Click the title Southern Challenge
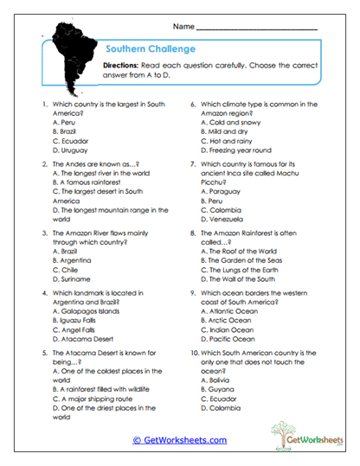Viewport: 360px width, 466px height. pos(148,48)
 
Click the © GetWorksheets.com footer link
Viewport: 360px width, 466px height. pos(179,439)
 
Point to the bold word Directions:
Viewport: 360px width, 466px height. pos(126,66)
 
